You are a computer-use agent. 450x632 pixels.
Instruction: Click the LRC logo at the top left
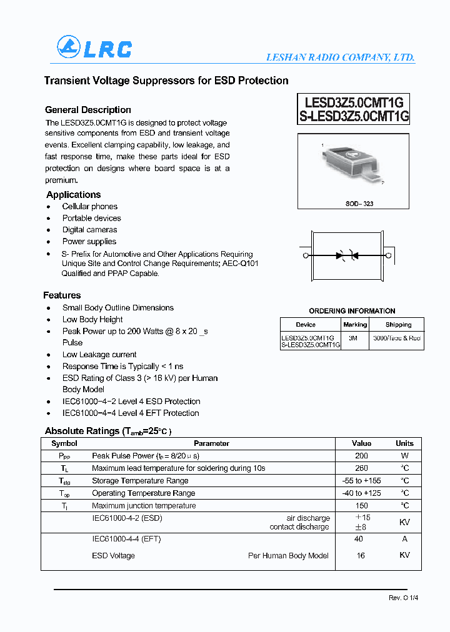[94, 48]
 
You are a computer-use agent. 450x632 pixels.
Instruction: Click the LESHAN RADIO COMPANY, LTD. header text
[341, 57]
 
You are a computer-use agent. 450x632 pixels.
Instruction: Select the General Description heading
[88, 110]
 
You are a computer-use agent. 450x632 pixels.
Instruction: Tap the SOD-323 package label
[359, 204]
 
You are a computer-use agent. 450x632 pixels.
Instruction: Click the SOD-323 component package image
[353, 165]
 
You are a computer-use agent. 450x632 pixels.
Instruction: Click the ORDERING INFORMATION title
[352, 311]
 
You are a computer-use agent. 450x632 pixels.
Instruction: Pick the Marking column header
[355, 325]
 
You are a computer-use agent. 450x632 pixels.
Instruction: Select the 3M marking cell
[354, 337]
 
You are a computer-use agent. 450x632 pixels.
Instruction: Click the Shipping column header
[398, 325]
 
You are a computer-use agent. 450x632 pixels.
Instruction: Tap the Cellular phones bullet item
[90, 207]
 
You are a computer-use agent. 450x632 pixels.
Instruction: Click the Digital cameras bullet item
[89, 230]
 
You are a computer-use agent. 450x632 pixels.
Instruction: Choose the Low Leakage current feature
[99, 355]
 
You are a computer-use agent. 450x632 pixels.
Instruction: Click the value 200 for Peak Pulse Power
[361, 456]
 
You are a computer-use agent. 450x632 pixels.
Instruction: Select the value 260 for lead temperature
[361, 468]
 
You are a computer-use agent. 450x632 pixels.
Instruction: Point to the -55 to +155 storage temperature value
[361, 481]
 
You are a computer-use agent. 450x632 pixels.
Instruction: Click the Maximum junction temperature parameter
[144, 506]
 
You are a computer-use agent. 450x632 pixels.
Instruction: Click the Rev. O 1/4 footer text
[403, 598]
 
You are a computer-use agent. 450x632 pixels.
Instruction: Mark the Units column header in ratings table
[404, 443]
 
